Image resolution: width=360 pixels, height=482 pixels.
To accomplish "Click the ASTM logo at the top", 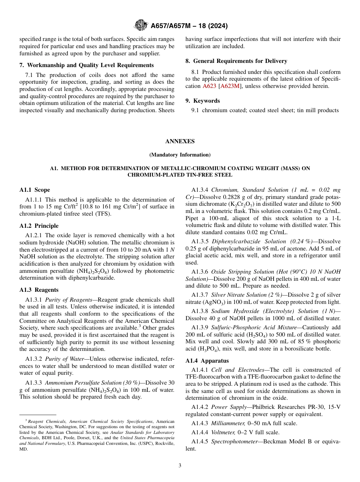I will tap(141, 26).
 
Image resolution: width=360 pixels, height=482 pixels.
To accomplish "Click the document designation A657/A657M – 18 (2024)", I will tap(189, 26).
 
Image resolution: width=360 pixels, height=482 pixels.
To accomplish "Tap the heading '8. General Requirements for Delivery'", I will tap(236, 61).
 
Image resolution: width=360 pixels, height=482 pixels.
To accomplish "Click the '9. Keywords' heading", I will tap(202, 101).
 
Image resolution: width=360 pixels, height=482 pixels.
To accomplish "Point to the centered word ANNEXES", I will tap(180, 141).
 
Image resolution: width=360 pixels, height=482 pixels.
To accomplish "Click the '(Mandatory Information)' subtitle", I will tap(180, 155).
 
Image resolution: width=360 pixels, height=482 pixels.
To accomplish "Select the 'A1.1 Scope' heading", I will tap(34, 190).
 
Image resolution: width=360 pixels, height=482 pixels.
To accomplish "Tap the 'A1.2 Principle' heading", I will tap(39, 226).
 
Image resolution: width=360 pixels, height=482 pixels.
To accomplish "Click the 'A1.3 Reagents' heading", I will tap(39, 290).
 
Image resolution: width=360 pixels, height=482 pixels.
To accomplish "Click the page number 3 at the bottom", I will tap(180, 465).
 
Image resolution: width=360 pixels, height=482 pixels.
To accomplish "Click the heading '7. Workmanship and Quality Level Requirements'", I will tap(86, 65).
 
